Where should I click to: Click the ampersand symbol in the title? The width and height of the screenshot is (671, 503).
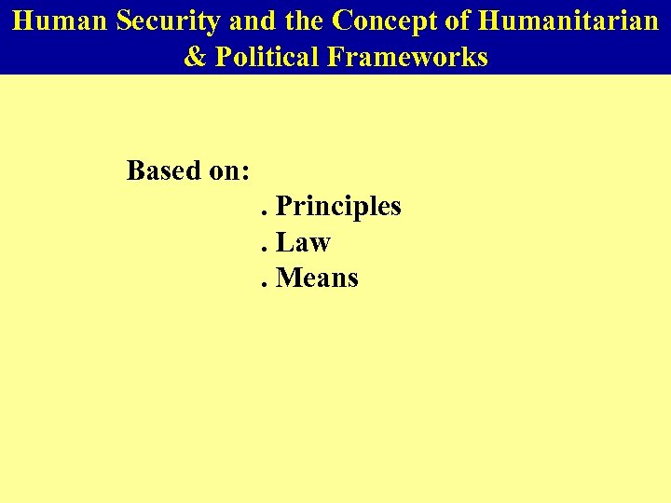196,57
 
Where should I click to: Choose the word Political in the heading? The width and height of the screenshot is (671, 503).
267,57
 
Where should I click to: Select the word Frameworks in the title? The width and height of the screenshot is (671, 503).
407,57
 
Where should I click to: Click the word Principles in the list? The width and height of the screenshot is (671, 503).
339,206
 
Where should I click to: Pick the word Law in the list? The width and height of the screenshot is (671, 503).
304,242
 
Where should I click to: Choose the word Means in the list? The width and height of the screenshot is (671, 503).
318,278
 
